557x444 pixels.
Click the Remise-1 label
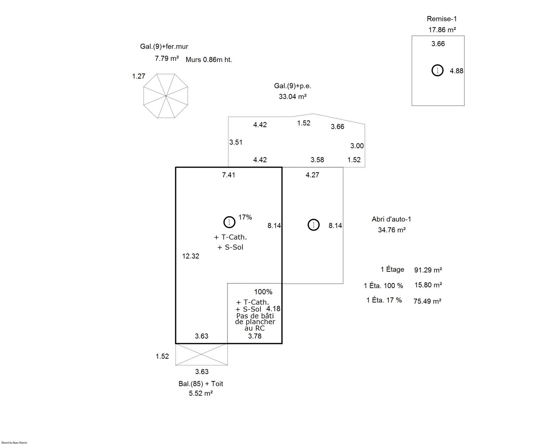[x=441, y=19]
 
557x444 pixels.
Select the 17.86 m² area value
[x=442, y=30]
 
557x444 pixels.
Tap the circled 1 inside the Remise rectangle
[x=438, y=70]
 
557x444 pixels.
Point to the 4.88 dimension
[x=456, y=71]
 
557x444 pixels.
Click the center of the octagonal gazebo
[x=166, y=96]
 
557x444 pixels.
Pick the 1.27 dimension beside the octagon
[x=139, y=76]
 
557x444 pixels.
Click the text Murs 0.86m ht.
[x=209, y=60]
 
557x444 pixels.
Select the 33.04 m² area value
[x=292, y=96]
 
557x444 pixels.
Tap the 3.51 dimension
[x=236, y=142]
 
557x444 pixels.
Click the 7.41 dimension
[x=229, y=175]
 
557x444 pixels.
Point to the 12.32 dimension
[x=190, y=256]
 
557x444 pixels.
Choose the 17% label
[x=245, y=217]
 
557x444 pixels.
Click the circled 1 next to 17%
[x=229, y=222]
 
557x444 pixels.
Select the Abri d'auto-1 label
[x=391, y=219]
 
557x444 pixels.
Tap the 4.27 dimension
[x=312, y=175]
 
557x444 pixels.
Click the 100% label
[x=263, y=292]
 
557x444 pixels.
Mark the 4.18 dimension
[x=273, y=309]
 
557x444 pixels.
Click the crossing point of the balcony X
[x=201, y=354]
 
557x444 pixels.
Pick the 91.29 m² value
[x=428, y=270]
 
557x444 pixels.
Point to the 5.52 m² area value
[x=201, y=393]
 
